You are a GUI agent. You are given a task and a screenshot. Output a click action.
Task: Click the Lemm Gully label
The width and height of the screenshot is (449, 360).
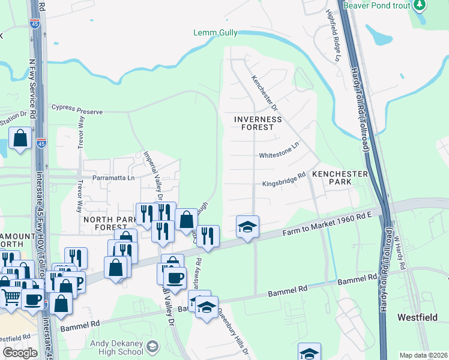[x=215, y=33]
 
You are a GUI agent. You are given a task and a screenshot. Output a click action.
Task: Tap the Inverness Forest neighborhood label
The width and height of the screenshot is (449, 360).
[x=258, y=123]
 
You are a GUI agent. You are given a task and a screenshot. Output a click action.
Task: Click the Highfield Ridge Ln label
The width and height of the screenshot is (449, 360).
[x=333, y=35]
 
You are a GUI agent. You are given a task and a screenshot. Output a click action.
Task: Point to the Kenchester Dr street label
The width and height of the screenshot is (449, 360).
[x=265, y=93]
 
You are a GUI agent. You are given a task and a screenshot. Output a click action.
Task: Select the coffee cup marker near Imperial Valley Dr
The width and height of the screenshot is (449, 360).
[x=175, y=278]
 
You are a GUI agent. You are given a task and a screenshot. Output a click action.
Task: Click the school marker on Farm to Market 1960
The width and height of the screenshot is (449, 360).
[x=247, y=227]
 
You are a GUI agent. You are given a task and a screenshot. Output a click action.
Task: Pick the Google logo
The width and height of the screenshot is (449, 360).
[x=20, y=353]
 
